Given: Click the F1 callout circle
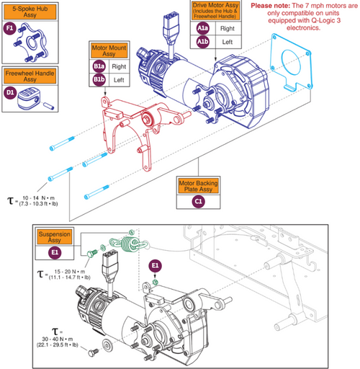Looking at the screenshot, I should click(x=10, y=27).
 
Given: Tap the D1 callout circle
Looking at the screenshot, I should click(x=10, y=92).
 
